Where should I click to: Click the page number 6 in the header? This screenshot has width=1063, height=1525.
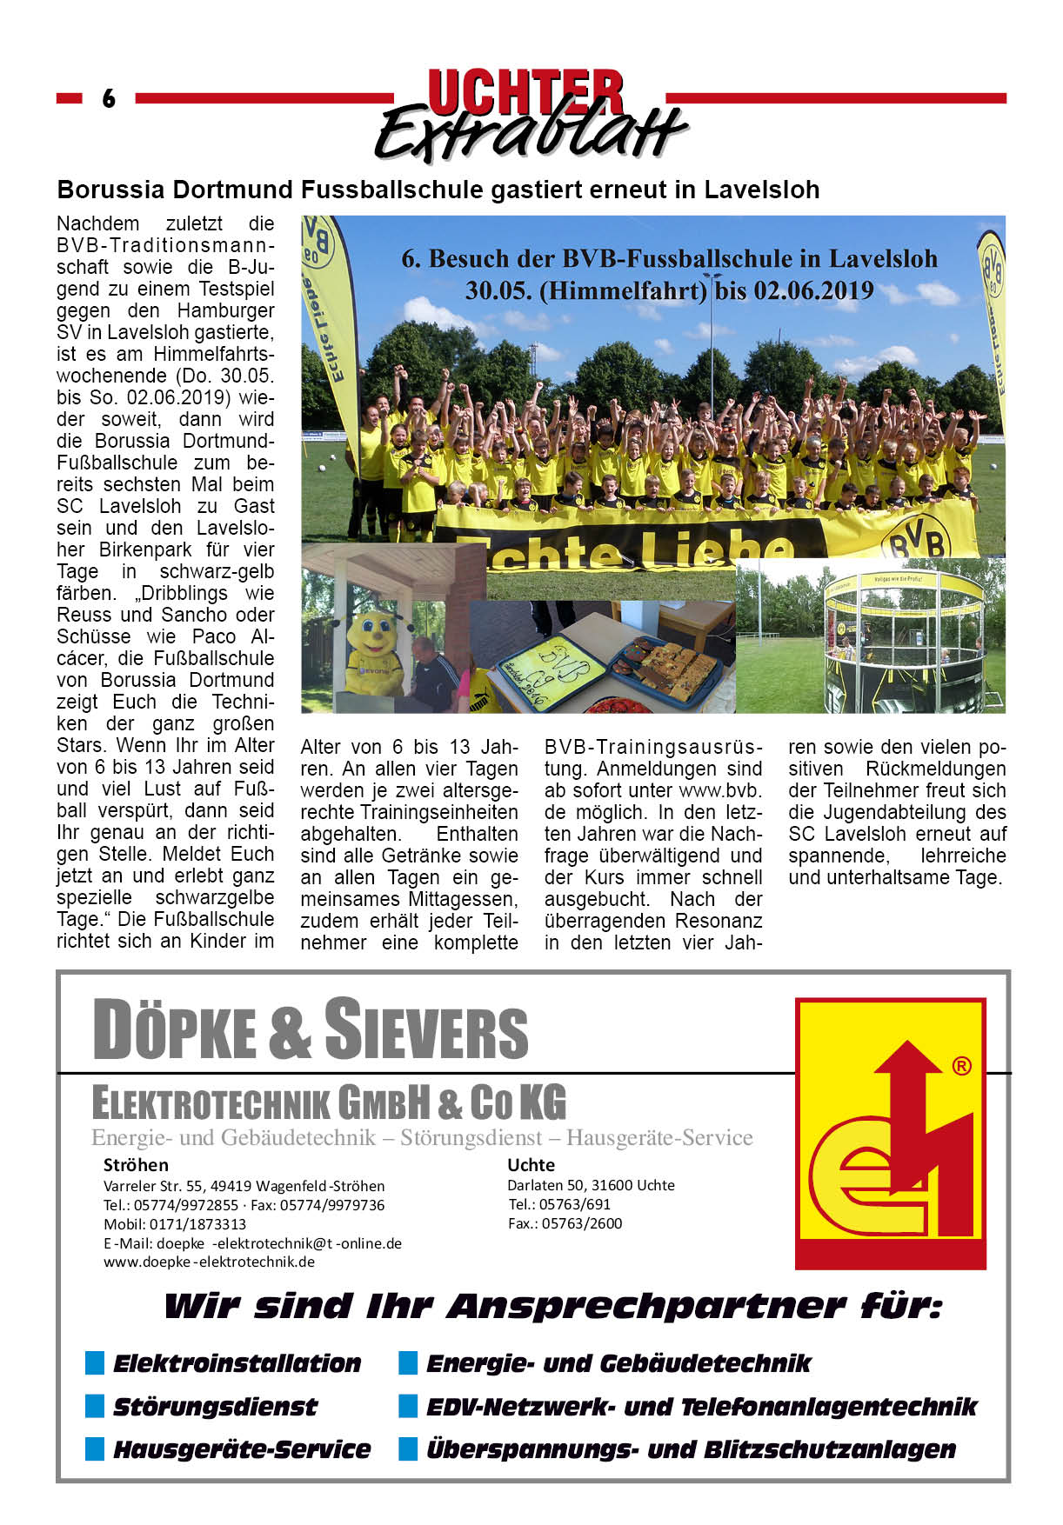pos(109,98)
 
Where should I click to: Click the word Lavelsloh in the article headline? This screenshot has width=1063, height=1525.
pos(761,190)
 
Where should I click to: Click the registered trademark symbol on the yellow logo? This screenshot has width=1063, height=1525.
pos(961,1066)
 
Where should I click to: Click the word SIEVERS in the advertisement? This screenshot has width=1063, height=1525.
pos(426,1030)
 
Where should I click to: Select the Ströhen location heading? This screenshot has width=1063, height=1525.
pos(136,1165)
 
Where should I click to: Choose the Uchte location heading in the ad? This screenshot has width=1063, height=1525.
pos(531,1165)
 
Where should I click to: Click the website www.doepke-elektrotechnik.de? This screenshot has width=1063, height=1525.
pos(209,1262)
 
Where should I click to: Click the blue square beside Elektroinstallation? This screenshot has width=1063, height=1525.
pos(95,1362)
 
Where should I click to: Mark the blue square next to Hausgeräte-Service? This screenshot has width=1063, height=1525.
pos(95,1448)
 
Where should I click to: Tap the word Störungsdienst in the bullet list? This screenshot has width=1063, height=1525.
pos(215,1406)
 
